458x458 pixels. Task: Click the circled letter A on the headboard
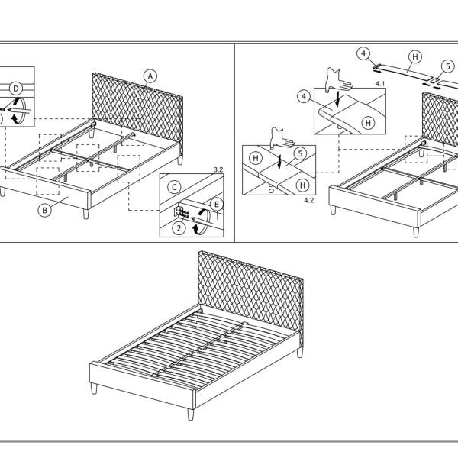point(150,76)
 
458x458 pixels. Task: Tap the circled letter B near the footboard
point(44,211)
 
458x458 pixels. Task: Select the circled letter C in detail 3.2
point(174,187)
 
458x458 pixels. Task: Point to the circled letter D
point(16,89)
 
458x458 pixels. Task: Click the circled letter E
point(217,204)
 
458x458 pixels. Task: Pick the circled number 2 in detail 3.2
point(179,227)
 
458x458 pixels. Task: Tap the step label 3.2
point(218,169)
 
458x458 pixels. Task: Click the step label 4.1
point(380,84)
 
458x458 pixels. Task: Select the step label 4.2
point(308,200)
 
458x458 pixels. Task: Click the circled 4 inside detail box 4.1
point(304,96)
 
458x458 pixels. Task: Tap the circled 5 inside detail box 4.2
point(300,154)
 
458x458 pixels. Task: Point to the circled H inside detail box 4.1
point(368,123)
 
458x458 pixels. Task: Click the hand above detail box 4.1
point(339,80)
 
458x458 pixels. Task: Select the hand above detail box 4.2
point(282,138)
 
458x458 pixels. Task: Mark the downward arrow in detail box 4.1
point(338,99)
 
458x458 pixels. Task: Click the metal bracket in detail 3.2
point(180,212)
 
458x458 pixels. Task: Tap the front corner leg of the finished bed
point(190,414)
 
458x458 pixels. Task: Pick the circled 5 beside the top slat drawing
point(448,66)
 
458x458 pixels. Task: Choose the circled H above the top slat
point(415,57)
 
